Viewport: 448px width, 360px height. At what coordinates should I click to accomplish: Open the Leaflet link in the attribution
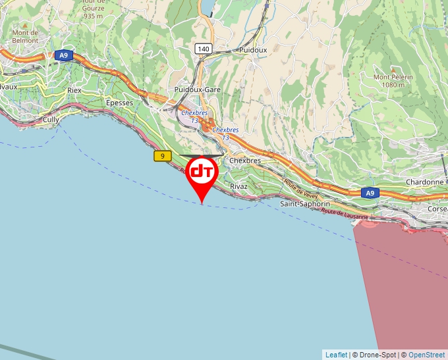click(x=335, y=355)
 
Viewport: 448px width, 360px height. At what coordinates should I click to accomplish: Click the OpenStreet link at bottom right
click(x=426, y=355)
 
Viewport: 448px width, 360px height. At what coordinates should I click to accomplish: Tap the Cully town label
click(x=51, y=120)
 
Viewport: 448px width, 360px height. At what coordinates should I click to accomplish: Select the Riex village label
click(x=74, y=89)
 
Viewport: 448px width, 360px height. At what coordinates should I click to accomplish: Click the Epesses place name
click(x=119, y=103)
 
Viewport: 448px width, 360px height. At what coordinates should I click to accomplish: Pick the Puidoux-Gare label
click(x=198, y=89)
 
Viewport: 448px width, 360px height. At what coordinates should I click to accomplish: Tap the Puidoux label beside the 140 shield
click(x=253, y=49)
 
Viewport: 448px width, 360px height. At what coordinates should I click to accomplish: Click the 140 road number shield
click(x=204, y=49)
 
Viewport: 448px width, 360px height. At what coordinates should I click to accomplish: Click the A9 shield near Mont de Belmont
click(x=63, y=56)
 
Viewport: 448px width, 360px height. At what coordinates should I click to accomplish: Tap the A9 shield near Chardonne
click(x=370, y=193)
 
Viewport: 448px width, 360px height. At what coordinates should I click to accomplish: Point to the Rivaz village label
click(x=238, y=186)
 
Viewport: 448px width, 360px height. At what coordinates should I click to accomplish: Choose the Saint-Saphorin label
click(x=305, y=204)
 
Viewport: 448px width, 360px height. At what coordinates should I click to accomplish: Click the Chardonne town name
click(x=424, y=182)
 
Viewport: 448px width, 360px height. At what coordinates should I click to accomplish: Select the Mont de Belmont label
click(x=25, y=36)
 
